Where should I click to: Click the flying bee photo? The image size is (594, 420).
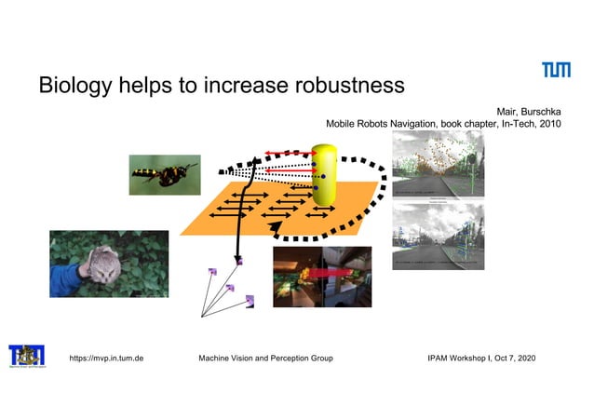(165, 174)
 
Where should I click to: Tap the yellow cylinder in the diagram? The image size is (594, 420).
(326, 174)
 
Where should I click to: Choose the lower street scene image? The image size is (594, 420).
(439, 237)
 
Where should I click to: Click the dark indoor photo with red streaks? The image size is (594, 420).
(321, 277)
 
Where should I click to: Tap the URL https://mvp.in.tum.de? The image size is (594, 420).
(107, 358)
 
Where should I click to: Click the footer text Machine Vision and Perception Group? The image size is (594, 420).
(266, 358)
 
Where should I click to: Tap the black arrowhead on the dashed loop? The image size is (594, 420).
(274, 239)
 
